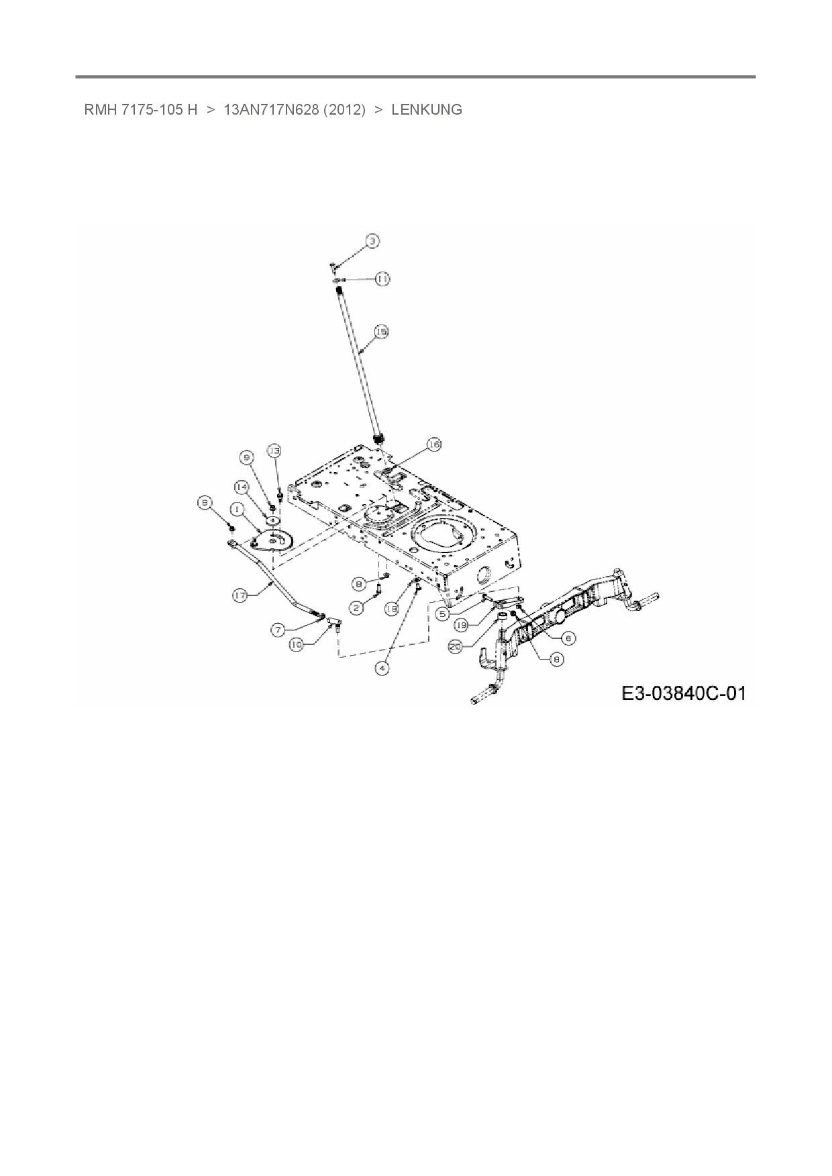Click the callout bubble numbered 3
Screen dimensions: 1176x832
372,240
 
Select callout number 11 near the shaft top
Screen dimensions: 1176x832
382,278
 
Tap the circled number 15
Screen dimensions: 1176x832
381,332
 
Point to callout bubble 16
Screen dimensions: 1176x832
434,445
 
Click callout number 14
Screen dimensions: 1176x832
242,486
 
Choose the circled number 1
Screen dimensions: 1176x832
237,508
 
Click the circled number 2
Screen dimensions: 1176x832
356,607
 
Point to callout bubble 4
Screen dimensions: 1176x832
382,667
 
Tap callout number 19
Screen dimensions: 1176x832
460,625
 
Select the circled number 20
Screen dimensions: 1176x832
456,647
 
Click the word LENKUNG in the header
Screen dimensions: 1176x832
427,110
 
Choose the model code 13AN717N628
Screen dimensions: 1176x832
270,110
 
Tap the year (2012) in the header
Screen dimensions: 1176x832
344,110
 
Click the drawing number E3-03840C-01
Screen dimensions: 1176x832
684,693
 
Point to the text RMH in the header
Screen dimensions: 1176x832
101,110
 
